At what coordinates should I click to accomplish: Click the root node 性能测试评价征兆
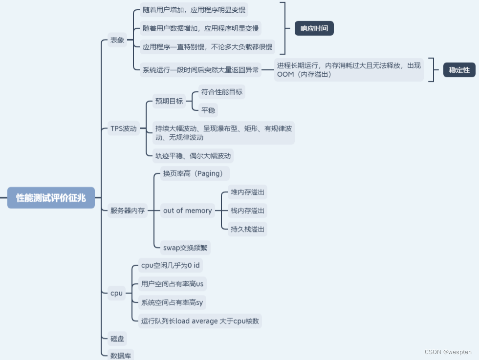point(51,197)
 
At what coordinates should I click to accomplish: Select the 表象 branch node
point(117,40)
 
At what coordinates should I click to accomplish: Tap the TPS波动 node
point(123,129)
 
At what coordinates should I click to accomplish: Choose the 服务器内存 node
point(127,211)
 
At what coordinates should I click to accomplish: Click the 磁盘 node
point(117,338)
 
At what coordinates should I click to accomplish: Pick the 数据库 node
point(121,356)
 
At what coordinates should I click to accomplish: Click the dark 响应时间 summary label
point(314,28)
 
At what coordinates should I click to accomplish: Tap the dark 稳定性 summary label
point(459,70)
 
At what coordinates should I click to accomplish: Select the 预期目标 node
point(169,101)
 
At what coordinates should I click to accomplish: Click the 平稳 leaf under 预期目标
point(208,110)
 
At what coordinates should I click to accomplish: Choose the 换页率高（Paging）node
point(193,173)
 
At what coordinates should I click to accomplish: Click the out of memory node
point(188,211)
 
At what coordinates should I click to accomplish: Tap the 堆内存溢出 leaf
point(247,192)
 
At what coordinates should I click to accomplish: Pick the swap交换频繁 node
point(185,247)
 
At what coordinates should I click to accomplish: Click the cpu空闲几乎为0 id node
point(170,265)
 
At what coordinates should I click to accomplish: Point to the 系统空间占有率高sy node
point(172,302)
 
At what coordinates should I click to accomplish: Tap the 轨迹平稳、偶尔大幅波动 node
point(193,156)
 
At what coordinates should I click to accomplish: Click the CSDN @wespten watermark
point(448,352)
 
